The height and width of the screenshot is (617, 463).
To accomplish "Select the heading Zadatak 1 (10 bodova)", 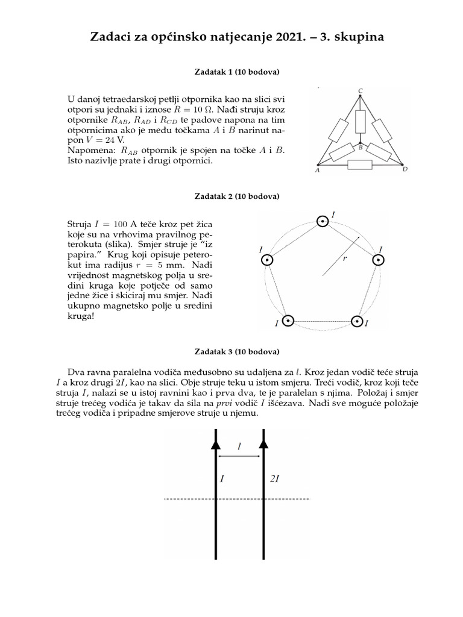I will point(236,72).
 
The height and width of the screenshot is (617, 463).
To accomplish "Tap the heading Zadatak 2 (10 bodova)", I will point(236,196).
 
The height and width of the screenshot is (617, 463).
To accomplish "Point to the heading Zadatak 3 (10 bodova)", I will point(236,351).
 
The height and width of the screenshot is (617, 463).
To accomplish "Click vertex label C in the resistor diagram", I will point(361,91).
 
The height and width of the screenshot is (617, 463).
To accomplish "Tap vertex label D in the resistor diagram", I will point(405,169).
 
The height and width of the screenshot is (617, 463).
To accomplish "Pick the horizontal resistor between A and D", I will point(361,164).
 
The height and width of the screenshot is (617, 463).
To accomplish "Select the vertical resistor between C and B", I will point(361,121).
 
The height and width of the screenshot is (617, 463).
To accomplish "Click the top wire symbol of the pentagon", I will point(323,222).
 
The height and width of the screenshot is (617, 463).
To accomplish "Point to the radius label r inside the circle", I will point(344,258).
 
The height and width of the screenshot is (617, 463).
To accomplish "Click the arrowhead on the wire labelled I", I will point(215,443).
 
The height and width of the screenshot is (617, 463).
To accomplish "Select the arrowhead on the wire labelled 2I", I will point(263,443).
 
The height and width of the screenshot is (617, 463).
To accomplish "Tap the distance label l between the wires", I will point(239,446).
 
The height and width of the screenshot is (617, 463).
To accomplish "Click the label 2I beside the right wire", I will point(275,479).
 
